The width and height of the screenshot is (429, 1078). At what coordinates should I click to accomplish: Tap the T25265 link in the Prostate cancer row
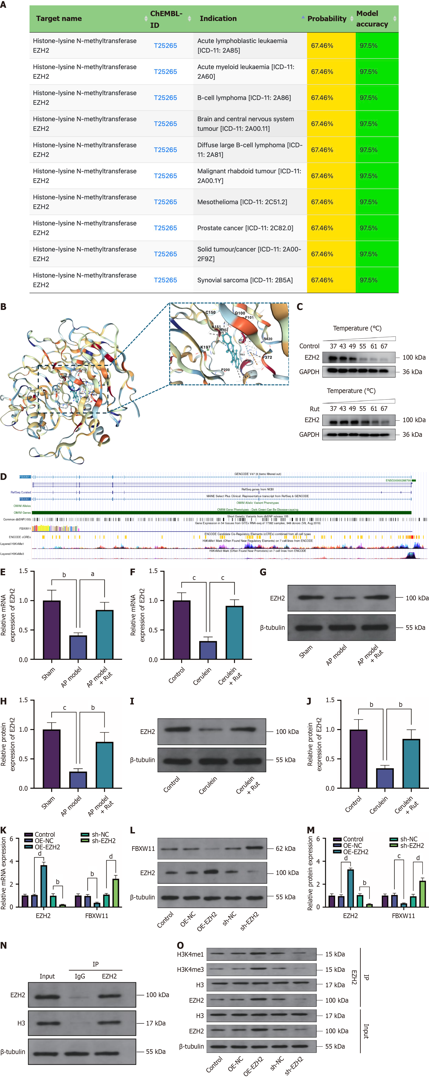(x=166, y=228)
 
